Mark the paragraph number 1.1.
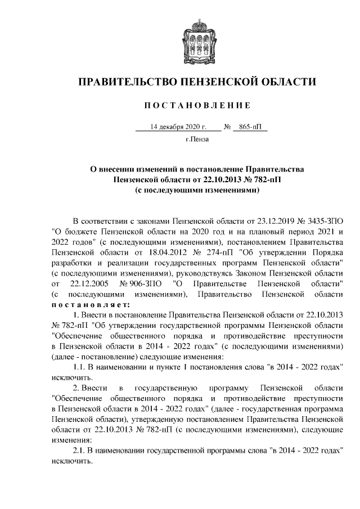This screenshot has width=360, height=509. pos(81,367)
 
